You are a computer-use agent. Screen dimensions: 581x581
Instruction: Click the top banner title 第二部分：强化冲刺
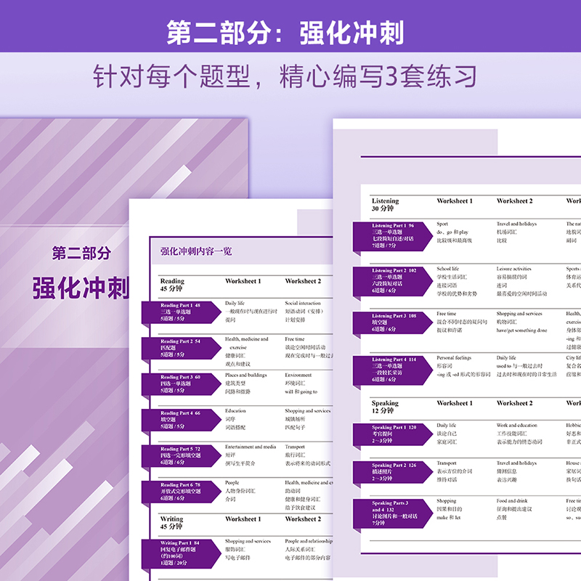(x=285, y=33)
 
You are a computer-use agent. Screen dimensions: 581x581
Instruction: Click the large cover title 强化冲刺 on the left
(x=81, y=287)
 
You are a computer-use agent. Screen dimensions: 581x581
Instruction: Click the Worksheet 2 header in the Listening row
(x=514, y=201)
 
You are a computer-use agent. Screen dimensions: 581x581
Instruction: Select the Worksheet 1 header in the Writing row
(x=243, y=519)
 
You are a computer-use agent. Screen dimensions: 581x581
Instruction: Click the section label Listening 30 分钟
(x=385, y=205)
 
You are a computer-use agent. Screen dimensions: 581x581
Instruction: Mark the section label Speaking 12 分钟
(x=385, y=407)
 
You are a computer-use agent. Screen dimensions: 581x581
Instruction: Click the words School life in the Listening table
(x=448, y=269)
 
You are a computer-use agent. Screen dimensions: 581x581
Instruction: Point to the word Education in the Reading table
(x=235, y=410)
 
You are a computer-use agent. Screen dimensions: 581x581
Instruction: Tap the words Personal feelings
(x=455, y=358)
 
